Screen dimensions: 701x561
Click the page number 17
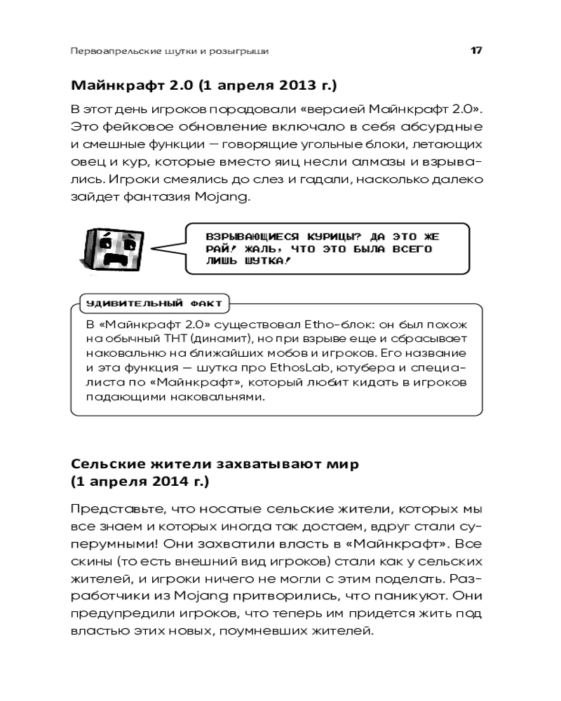click(x=475, y=51)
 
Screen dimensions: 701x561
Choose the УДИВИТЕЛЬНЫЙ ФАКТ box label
click(x=154, y=304)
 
